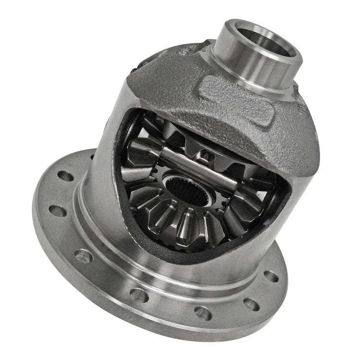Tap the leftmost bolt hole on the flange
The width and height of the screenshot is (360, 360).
click(x=58, y=211)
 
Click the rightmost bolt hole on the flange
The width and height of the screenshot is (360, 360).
click(x=271, y=276)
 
